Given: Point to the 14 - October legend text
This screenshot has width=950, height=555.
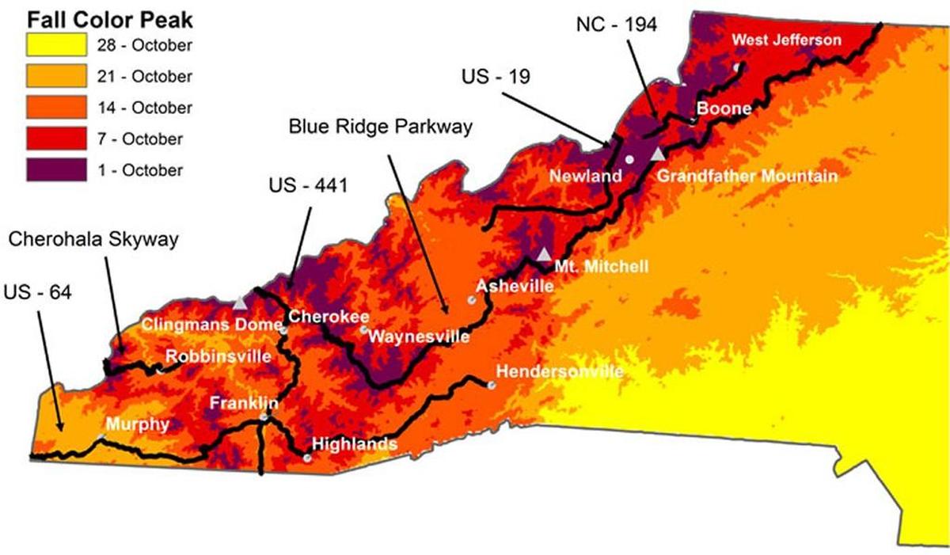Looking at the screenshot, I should click(143, 108).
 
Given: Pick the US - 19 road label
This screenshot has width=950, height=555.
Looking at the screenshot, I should click(495, 78).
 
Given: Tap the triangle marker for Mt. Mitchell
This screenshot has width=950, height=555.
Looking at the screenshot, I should click(544, 254).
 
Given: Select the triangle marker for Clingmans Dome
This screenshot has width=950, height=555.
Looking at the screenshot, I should click(240, 302).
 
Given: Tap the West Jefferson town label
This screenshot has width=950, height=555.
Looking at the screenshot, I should click(786, 40).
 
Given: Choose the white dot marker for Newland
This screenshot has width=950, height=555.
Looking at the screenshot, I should click(629, 159).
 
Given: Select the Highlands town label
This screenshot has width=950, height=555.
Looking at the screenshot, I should click(355, 444).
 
